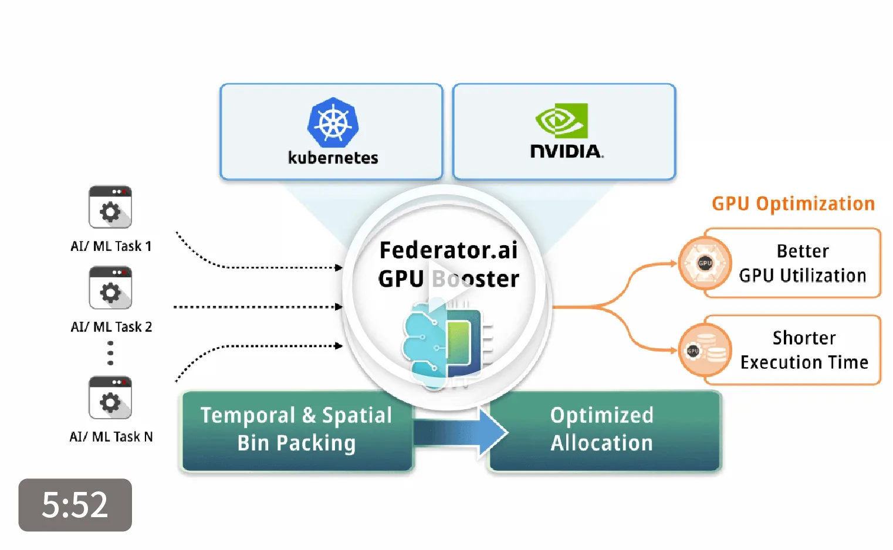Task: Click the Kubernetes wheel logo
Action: point(333,123)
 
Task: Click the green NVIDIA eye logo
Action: point(561,120)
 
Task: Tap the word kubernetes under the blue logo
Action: point(333,158)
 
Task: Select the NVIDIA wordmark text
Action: point(566,151)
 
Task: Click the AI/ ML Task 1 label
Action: point(111,246)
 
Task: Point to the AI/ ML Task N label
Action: point(111,437)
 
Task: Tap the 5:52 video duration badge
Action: point(75,505)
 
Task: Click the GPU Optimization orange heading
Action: point(793,203)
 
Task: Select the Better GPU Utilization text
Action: point(802,263)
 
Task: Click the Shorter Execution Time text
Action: point(804,350)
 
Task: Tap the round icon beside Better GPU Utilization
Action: point(705,263)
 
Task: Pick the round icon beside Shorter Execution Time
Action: point(705,351)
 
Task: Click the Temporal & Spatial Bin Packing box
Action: point(296,430)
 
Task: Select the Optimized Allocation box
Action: point(602,430)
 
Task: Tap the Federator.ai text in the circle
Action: point(448,250)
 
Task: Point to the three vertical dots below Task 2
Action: point(110,353)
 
